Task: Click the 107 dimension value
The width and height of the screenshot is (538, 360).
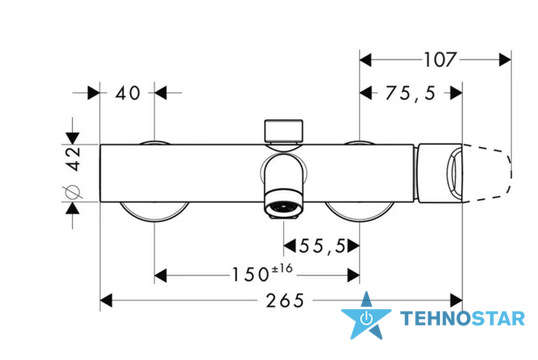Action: tap(441, 60)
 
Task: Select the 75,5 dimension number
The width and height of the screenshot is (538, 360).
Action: tap(410, 93)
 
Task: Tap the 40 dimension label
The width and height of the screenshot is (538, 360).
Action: tap(128, 93)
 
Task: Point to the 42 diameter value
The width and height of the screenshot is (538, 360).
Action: tap(74, 159)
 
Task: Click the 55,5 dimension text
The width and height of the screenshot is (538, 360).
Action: tap(322, 246)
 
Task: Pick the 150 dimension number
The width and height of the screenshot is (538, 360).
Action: tap(250, 275)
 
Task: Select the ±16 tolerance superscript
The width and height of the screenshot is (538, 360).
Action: tap(282, 268)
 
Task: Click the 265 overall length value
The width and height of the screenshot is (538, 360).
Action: tap(285, 301)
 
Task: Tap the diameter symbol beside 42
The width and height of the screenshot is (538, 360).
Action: tap(72, 192)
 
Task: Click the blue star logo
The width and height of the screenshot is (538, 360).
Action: tap(366, 316)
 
